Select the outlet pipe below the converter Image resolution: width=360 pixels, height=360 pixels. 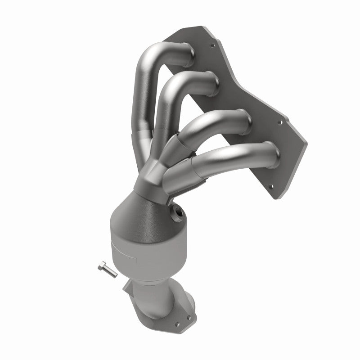point(153,292)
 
